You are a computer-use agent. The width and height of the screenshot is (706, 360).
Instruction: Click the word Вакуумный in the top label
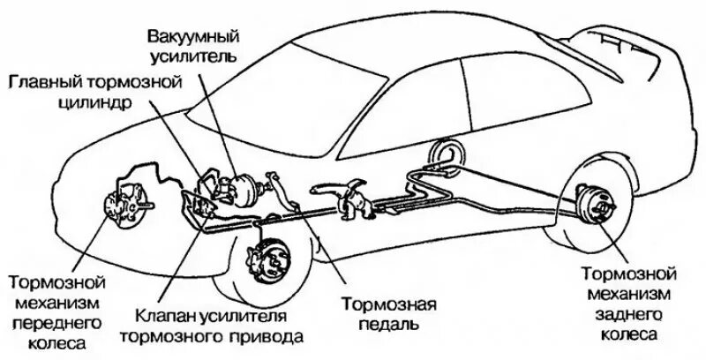[x=181, y=37]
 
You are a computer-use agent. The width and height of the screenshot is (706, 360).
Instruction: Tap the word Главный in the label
[x=41, y=82]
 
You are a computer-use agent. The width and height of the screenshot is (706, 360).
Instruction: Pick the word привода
[x=268, y=336]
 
